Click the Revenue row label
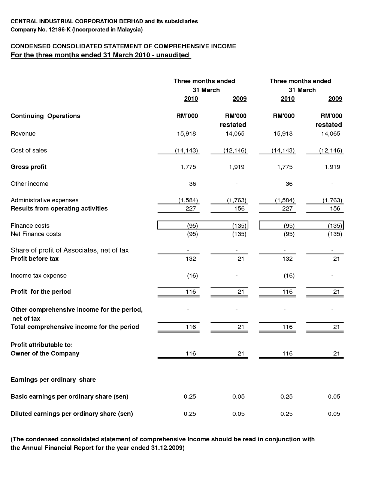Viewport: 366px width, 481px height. coord(23,134)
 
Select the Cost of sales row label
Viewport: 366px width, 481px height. coord(29,151)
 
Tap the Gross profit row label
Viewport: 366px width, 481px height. coord(28,167)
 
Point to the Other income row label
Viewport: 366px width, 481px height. coord(29,184)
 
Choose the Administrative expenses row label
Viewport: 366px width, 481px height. coord(45,200)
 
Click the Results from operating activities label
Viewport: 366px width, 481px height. coord(59,209)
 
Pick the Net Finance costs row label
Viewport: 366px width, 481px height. coord(36,234)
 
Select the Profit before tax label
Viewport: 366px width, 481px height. coord(34,259)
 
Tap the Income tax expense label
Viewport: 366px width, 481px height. coord(39,276)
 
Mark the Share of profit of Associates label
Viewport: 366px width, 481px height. coord(69,250)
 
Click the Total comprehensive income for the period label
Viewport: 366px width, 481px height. coord(75,327)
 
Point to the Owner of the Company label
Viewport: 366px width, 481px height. coord(45,354)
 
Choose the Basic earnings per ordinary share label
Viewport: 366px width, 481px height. coord(69,397)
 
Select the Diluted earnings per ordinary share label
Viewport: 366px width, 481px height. coord(72,414)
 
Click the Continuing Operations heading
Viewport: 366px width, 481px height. coord(45,116)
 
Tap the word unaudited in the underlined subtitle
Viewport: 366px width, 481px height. coord(172,55)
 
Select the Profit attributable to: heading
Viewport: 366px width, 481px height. coord(42,345)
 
